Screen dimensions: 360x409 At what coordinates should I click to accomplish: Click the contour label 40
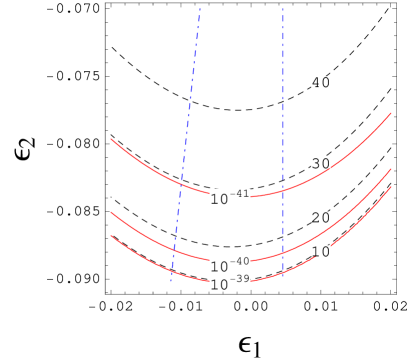point(320,82)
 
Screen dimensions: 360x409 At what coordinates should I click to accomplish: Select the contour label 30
point(320,163)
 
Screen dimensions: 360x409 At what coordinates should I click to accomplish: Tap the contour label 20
point(320,217)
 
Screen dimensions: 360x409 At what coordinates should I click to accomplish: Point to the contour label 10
point(320,251)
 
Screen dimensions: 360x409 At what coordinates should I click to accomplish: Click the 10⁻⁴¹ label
point(230,197)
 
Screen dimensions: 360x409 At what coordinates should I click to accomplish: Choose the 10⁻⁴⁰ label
point(230,265)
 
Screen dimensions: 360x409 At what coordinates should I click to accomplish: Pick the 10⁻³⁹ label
point(230,283)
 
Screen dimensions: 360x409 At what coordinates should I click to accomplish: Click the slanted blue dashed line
point(191,100)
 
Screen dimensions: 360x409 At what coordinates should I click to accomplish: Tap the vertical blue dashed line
point(282,100)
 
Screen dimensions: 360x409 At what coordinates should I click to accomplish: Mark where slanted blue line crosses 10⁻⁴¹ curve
point(181,187)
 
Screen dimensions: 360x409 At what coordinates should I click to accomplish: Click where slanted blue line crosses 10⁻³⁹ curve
point(172,269)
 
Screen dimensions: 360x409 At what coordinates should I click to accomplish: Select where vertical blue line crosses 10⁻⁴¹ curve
point(282,190)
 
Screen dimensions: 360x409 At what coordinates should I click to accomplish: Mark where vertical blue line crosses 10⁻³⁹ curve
point(282,270)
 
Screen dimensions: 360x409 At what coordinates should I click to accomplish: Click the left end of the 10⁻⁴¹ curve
point(111,139)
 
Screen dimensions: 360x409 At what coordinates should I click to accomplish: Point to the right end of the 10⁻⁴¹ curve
point(391,113)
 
